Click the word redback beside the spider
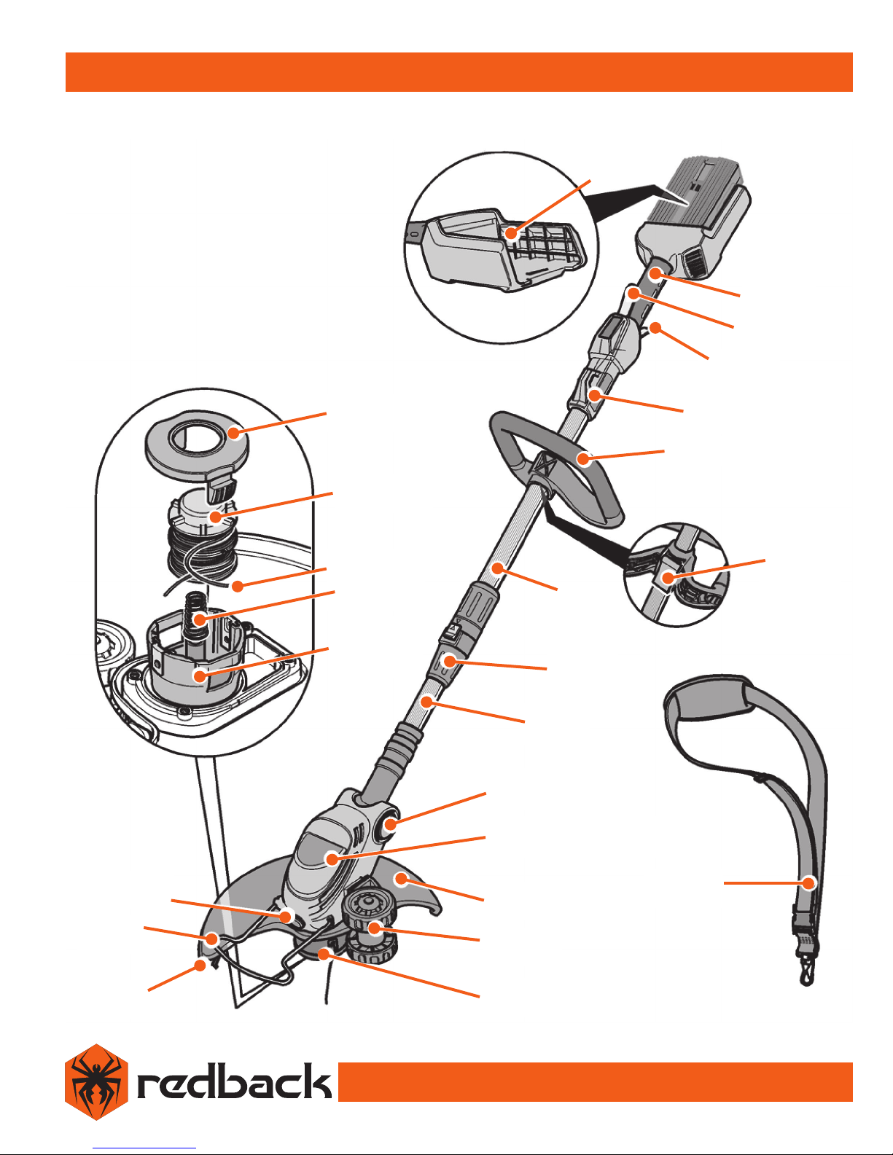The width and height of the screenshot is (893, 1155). point(234,1081)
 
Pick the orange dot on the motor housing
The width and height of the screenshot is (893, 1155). point(332,858)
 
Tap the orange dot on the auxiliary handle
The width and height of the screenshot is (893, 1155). point(584,458)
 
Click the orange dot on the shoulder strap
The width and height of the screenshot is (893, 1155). point(808,883)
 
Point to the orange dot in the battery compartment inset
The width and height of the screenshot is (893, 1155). point(511,232)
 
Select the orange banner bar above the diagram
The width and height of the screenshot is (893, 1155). point(459,72)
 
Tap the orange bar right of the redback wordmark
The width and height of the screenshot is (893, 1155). point(596,1081)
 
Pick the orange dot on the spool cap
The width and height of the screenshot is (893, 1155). point(233,433)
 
